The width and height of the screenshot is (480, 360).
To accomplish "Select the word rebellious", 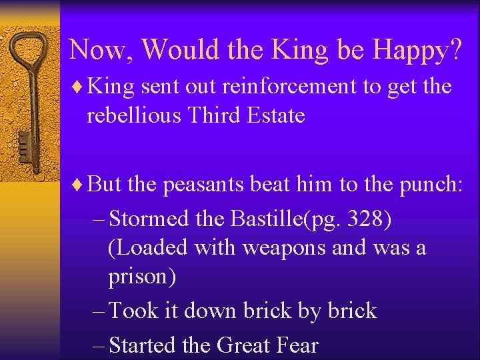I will (135, 115).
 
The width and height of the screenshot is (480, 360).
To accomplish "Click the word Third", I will (212, 115).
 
